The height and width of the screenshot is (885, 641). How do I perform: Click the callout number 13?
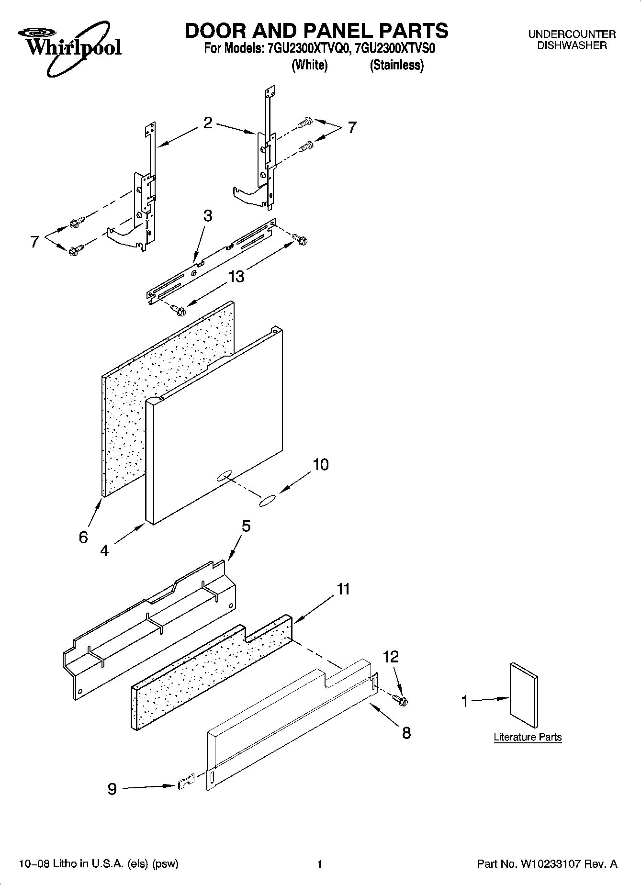tap(236, 276)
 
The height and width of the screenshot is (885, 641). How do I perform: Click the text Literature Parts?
tap(528, 737)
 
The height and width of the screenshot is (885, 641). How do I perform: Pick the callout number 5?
tap(246, 526)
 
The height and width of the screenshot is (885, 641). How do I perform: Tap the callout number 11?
tap(343, 589)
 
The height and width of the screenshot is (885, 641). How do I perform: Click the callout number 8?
tap(406, 732)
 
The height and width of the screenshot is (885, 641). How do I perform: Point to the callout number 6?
tap(83, 537)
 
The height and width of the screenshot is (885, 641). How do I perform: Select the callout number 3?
tap(207, 216)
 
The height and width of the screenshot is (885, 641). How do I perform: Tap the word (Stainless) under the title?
tap(396, 65)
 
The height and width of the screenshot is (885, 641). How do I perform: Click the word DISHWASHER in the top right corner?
tap(572, 45)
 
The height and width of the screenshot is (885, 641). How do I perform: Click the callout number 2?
tap(207, 123)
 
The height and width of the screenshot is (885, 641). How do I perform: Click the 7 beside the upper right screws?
tap(352, 127)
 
